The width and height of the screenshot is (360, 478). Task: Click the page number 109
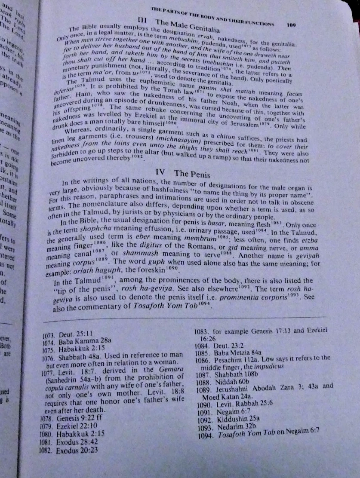291,25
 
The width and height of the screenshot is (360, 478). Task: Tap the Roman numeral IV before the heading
160,172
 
